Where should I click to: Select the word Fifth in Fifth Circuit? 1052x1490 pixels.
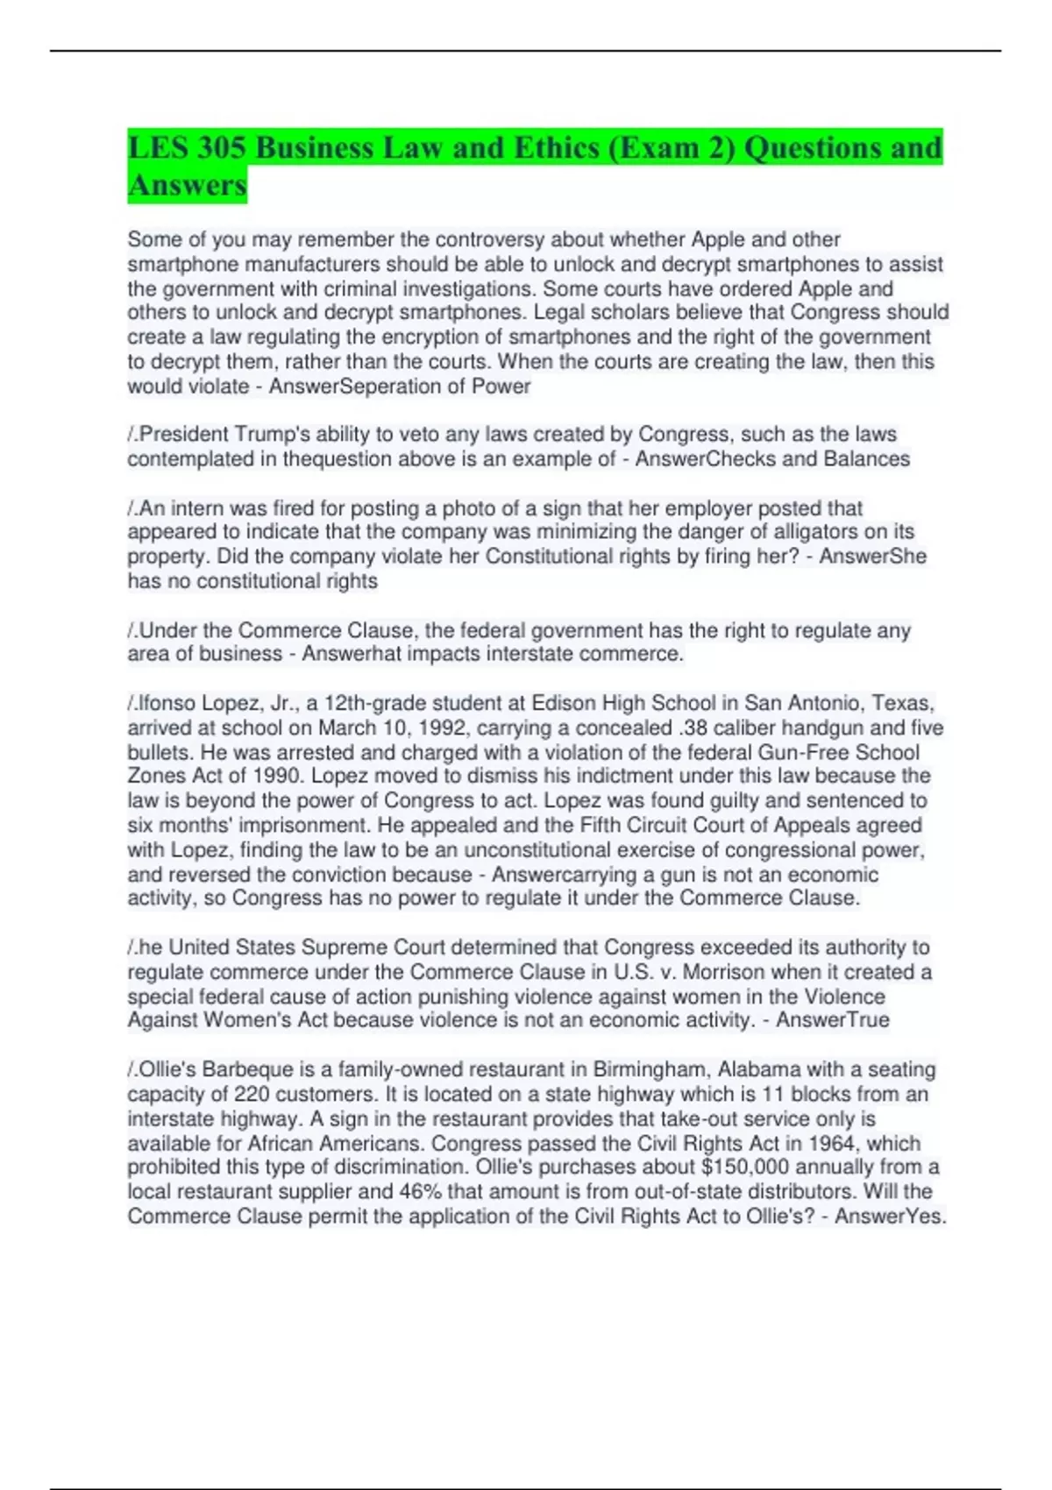coord(601,826)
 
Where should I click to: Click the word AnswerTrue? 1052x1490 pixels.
coord(832,1020)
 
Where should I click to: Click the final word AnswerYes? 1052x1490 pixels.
coord(890,1217)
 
